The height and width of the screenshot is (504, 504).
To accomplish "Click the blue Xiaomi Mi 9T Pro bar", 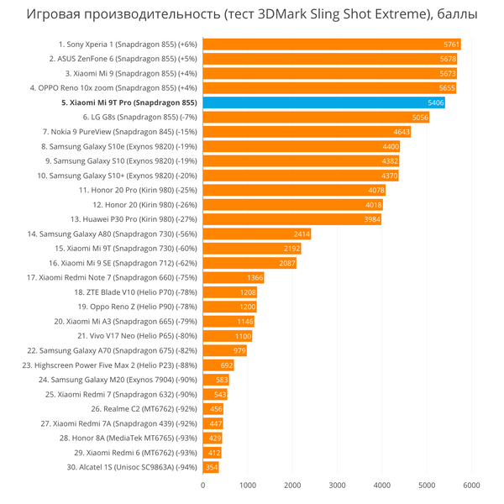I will click(323, 102).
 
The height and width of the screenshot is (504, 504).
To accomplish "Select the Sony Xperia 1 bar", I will click(332, 44).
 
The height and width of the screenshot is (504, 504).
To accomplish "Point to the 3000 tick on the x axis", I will click(337, 485).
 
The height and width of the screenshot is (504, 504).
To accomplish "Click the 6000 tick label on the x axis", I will click(471, 485).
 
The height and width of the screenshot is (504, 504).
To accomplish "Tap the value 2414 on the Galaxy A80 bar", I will click(302, 234).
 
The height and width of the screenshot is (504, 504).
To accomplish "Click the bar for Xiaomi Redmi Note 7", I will click(233, 278).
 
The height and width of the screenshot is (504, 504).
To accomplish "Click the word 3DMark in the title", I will click(284, 14).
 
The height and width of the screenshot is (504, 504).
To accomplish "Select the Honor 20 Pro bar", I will click(294, 190).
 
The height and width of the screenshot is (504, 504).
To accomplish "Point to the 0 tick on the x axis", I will click(202, 485).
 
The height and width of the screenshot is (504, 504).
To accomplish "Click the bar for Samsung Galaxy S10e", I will click(301, 146).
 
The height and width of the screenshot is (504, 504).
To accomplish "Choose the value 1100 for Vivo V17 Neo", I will click(243, 336).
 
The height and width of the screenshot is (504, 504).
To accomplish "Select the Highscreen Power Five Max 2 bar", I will click(218, 365).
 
